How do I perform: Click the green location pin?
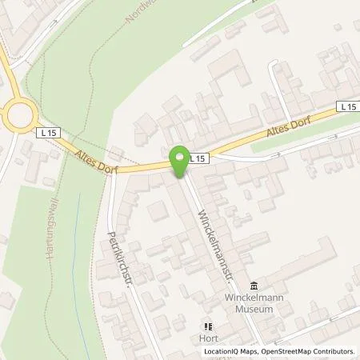point(179,161)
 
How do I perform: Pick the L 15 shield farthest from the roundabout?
point(346,106)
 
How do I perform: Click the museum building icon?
point(254,286)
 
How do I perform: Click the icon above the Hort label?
point(209,326)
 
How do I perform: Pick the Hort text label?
point(209,338)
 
